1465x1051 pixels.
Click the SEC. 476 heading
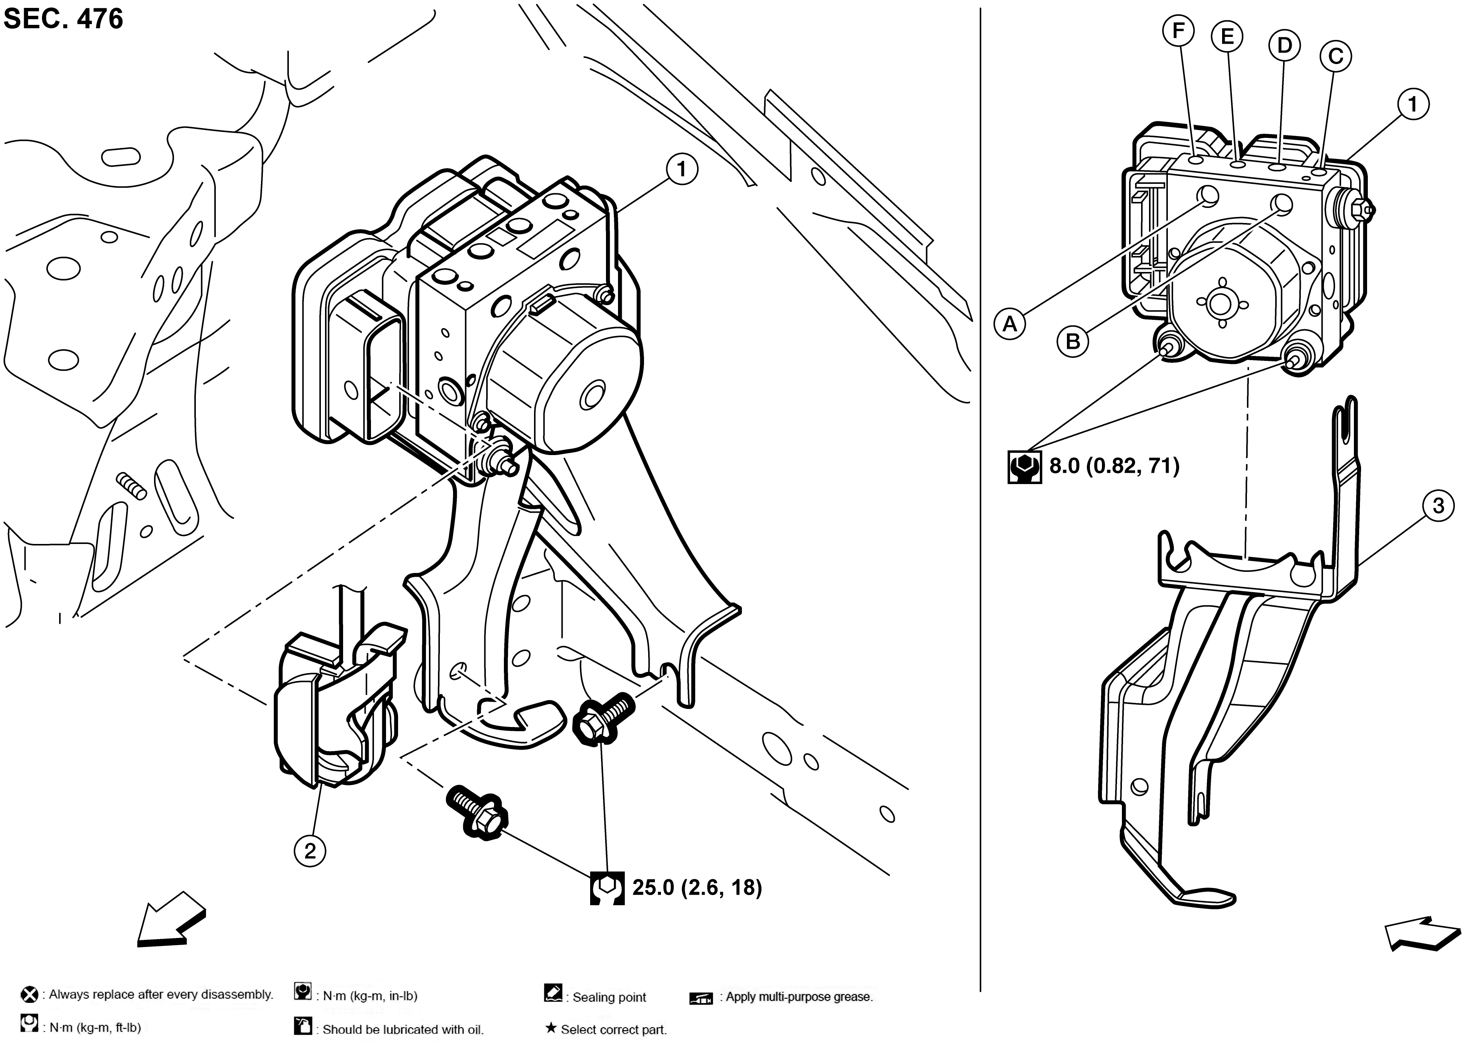pyautogui.click(x=63, y=19)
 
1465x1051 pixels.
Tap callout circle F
pyautogui.click(x=1178, y=31)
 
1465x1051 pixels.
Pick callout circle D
pyautogui.click(x=1284, y=45)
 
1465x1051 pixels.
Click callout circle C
pyautogui.click(x=1335, y=57)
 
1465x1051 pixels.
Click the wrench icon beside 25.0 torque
pyautogui.click(x=607, y=888)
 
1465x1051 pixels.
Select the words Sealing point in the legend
pyautogui.click(x=609, y=997)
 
